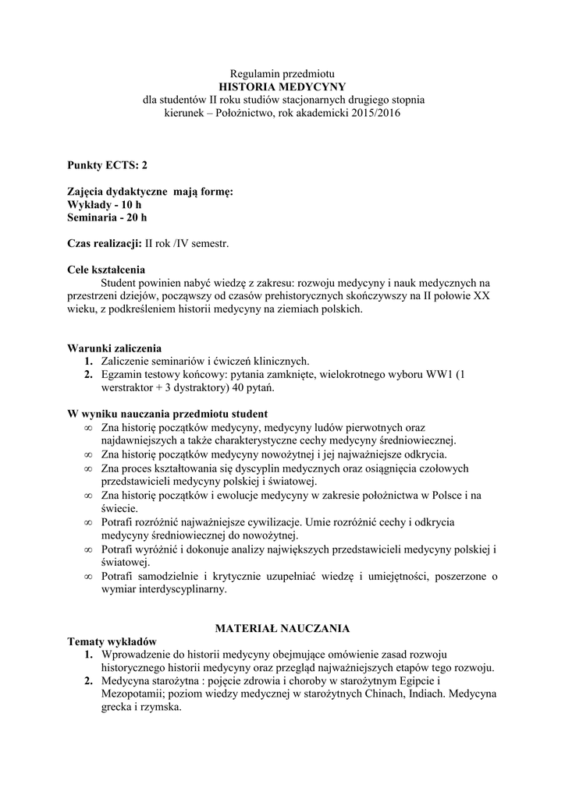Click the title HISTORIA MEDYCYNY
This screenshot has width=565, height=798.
(x=282, y=87)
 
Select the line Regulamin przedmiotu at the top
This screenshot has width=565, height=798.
(x=282, y=73)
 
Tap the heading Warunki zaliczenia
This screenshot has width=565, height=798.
(x=115, y=348)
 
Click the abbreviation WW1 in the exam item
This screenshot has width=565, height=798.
(x=442, y=374)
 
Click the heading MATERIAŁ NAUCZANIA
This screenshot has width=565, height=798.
(x=282, y=627)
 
